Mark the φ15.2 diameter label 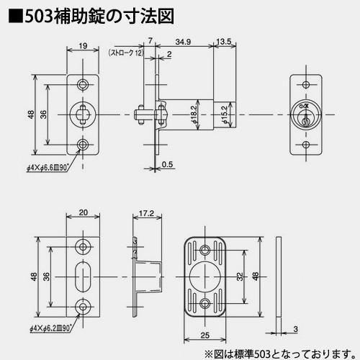click(225, 114)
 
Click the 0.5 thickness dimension click(167, 165)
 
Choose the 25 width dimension click(204, 336)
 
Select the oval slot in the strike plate click(84, 276)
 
